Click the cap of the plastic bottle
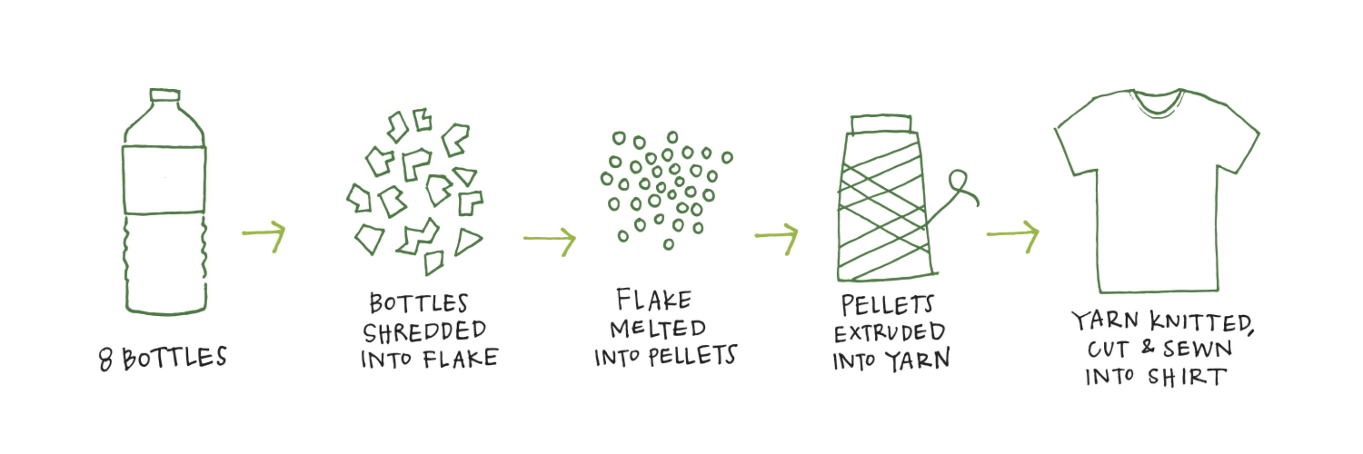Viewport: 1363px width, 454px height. coord(165,95)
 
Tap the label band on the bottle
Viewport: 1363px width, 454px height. coord(164,179)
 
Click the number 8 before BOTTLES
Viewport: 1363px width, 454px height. coord(105,359)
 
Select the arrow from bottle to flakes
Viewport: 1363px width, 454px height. coord(265,234)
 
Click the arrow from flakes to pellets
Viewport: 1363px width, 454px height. coord(550,240)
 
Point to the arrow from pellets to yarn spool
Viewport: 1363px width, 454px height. coord(777,236)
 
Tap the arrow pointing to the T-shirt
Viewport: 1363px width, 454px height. coord(1013,234)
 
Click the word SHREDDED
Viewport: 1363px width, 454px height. coord(424,332)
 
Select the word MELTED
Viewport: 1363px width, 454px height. coord(658,329)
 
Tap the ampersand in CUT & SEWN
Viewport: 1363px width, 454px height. coord(1147,347)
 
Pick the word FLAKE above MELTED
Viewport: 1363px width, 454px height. coord(654,300)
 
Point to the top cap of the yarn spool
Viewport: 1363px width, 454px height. coord(881,124)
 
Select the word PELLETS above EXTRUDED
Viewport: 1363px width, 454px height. coord(887,305)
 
